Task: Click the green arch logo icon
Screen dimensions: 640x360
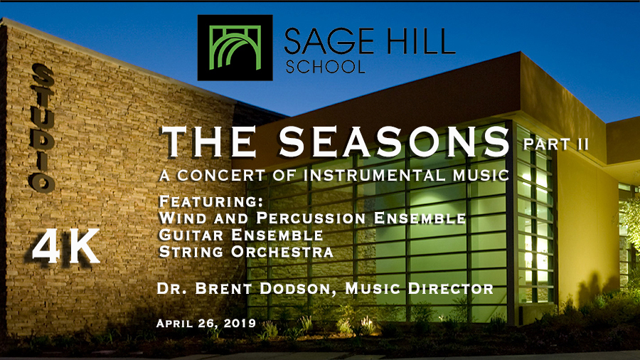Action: click(x=235, y=48)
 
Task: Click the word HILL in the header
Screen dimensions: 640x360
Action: click(x=420, y=41)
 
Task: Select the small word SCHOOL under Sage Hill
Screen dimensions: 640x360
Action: click(x=325, y=67)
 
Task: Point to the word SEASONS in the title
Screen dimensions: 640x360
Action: click(x=394, y=142)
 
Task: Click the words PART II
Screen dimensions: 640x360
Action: click(x=556, y=144)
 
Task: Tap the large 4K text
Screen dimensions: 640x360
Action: click(x=66, y=246)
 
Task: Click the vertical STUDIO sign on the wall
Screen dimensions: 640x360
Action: click(x=43, y=128)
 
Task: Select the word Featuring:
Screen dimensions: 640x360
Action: click(x=210, y=201)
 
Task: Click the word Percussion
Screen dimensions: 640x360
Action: click(x=311, y=218)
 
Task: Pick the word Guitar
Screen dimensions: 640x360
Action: click(x=192, y=235)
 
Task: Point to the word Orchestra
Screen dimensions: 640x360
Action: click(x=282, y=251)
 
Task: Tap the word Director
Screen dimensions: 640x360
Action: click(x=451, y=289)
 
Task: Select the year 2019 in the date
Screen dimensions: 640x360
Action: click(x=240, y=323)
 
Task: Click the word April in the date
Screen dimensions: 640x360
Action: click(x=174, y=323)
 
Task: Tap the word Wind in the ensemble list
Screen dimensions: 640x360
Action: click(x=183, y=218)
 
